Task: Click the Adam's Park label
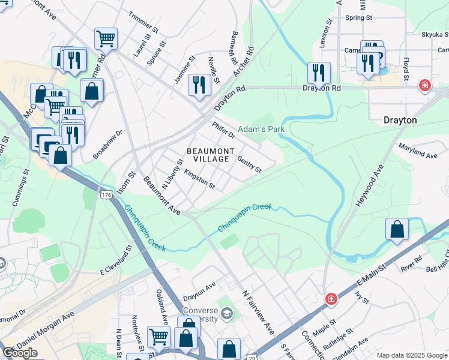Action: (261, 129)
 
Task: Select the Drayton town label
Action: (400, 120)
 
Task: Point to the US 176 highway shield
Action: (106, 195)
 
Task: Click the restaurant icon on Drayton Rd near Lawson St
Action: (319, 73)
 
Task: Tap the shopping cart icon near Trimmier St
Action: (106, 38)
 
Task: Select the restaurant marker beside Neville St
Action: (199, 84)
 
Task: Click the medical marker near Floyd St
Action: (425, 86)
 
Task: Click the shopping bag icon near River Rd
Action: (397, 229)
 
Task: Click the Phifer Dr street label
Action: (223, 131)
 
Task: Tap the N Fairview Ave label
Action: (258, 313)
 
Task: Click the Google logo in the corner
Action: (20, 353)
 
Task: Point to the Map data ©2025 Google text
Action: (411, 355)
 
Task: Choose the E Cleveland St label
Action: (116, 259)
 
